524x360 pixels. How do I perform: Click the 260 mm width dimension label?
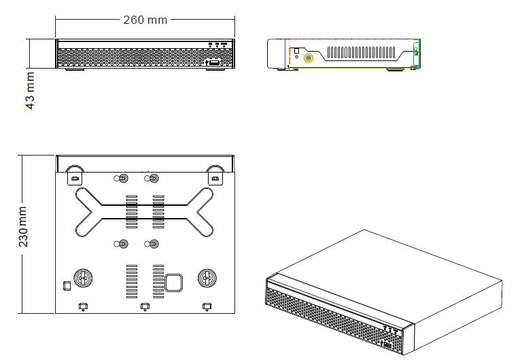(x=145, y=20)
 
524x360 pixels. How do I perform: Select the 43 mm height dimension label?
(x=30, y=91)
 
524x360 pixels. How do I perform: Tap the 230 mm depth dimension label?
(x=24, y=230)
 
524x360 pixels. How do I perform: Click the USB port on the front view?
(x=213, y=62)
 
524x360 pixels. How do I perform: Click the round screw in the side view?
(x=309, y=58)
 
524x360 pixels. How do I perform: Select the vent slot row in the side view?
(x=364, y=52)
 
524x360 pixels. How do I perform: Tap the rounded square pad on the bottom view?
(x=173, y=282)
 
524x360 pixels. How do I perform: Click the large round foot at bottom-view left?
(x=83, y=278)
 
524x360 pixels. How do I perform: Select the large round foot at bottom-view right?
(x=207, y=278)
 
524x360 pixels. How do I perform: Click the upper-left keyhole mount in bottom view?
(x=123, y=179)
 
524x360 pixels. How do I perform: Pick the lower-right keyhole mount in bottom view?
(x=153, y=244)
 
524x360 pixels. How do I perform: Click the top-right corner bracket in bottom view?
(x=215, y=176)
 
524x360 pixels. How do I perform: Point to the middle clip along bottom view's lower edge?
(x=145, y=306)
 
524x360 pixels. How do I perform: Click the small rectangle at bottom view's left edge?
(x=66, y=285)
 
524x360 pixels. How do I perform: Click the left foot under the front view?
(x=73, y=69)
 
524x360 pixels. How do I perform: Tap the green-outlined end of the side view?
(x=417, y=54)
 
